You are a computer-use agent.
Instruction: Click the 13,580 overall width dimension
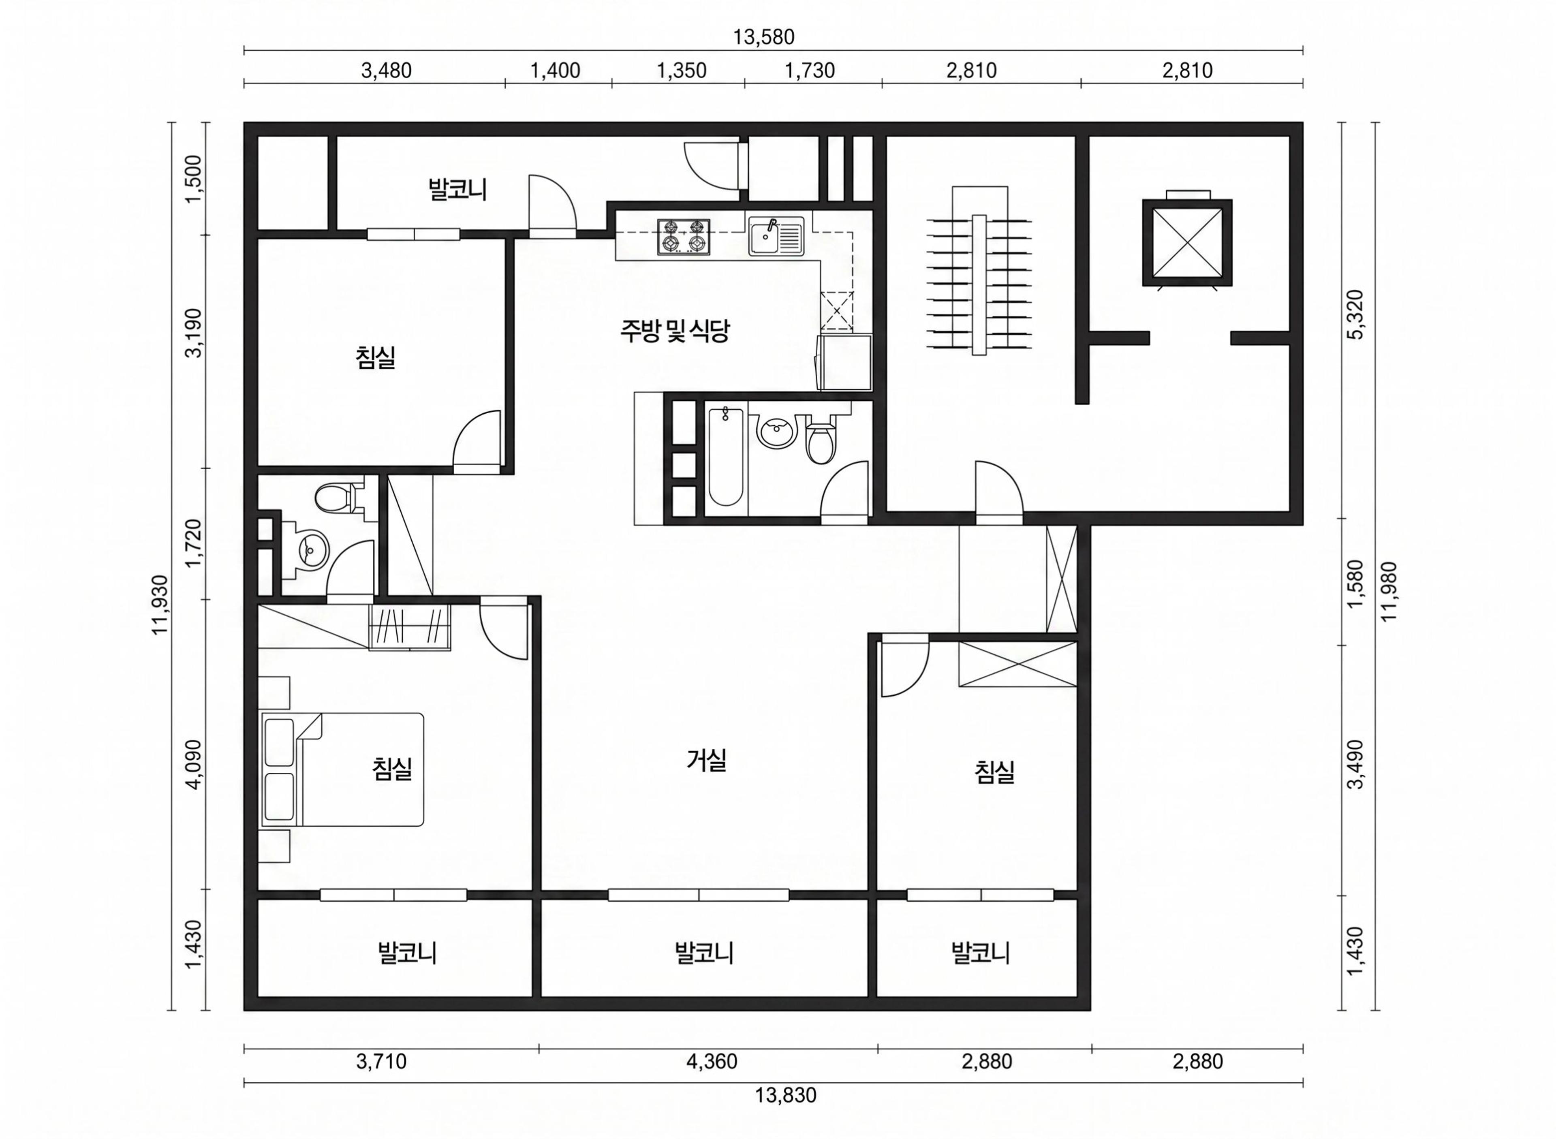pyautogui.click(x=763, y=36)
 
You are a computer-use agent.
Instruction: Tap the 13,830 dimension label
pyautogui.click(x=785, y=1094)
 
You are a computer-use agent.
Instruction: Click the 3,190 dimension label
pyautogui.click(x=194, y=332)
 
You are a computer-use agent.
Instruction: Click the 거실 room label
pyautogui.click(x=707, y=761)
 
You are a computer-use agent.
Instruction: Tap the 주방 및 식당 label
pyautogui.click(x=674, y=331)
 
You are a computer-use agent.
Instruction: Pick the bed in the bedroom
pyautogui.click(x=342, y=769)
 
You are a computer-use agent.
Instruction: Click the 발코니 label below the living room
pyautogui.click(x=704, y=953)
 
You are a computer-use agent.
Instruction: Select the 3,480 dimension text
pyautogui.click(x=386, y=71)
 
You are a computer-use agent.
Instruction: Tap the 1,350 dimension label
pyautogui.click(x=681, y=71)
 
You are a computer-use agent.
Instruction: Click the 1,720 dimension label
pyautogui.click(x=194, y=542)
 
